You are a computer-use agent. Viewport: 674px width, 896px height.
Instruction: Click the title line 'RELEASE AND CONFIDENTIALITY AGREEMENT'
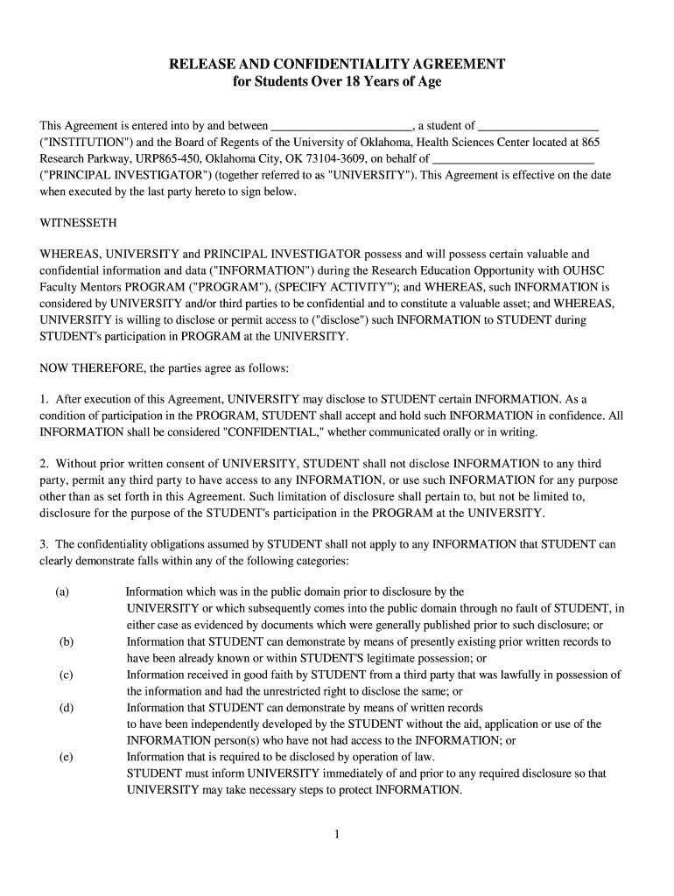pos(337,65)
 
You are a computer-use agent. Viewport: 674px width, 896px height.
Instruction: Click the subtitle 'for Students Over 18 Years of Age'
pos(337,82)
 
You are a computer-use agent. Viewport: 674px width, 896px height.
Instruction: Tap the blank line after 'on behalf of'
pos(514,159)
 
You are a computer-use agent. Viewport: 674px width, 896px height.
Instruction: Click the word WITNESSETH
pos(79,222)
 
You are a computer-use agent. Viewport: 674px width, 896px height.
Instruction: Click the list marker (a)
pos(62,591)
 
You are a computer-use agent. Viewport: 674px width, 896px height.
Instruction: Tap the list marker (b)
pos(67,641)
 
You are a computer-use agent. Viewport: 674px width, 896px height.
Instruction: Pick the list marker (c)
pos(67,675)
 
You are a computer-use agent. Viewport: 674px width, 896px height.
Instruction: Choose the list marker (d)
pos(67,707)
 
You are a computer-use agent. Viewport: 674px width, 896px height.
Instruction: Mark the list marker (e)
pos(67,757)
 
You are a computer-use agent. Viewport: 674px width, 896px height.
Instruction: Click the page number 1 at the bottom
pos(336,834)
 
